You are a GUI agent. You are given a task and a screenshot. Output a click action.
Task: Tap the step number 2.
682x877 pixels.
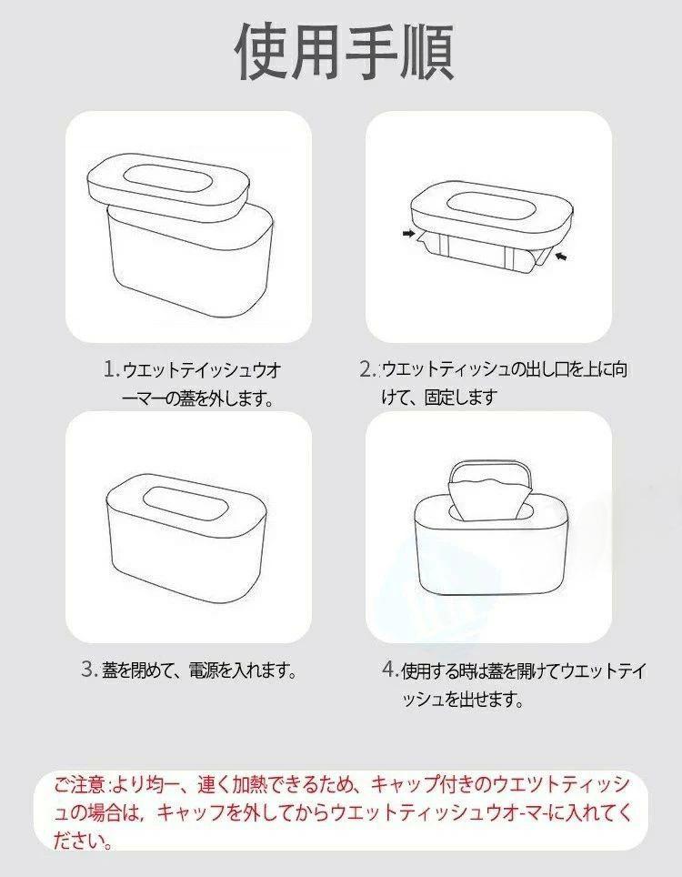click(367, 369)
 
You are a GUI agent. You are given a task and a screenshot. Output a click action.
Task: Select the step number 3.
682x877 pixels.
click(89, 669)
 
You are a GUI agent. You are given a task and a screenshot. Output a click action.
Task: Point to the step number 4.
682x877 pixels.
click(390, 669)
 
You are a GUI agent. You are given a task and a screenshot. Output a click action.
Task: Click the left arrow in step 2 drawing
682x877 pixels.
click(408, 233)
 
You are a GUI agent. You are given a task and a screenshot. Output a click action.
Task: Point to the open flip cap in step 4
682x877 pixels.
click(490, 473)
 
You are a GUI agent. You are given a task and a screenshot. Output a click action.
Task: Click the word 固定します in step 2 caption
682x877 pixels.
click(461, 398)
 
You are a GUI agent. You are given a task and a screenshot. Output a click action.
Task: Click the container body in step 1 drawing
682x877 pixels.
click(190, 263)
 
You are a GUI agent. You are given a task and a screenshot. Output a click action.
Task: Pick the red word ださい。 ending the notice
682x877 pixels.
click(82, 840)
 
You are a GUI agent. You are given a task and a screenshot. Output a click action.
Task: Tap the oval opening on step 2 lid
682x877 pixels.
click(491, 206)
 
